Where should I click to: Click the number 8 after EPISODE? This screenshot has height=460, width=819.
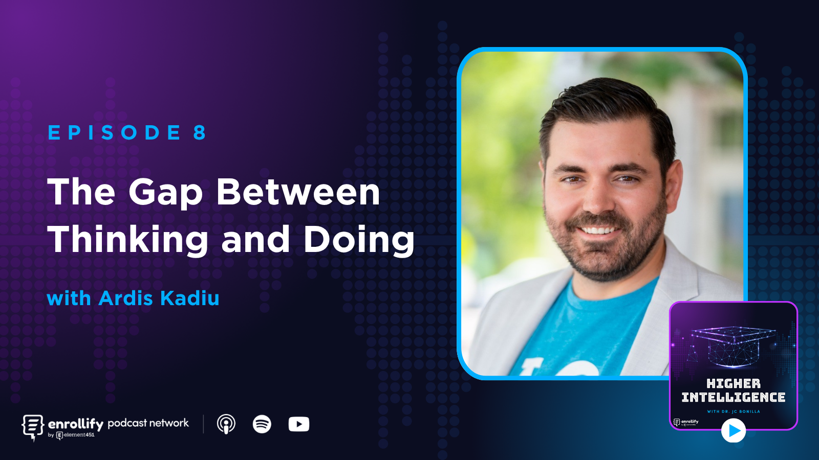point(199,133)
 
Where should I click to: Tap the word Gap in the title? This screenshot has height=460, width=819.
point(165,193)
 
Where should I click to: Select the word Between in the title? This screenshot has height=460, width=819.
point(298,192)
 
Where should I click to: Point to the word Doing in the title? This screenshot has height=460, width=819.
point(358,240)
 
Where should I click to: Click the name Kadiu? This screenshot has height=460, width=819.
point(189,298)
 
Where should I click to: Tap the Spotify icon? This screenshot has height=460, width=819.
point(262,424)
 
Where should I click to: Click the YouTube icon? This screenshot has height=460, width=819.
point(298,424)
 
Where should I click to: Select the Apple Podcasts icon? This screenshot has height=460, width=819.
point(226,424)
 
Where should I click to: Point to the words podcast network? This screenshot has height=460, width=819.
point(148,423)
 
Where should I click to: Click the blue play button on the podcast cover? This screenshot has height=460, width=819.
point(734,431)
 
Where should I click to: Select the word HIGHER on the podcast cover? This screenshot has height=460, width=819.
point(733,383)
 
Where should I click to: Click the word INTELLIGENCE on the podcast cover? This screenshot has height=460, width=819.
point(733,397)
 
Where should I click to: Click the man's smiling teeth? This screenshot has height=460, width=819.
point(598,230)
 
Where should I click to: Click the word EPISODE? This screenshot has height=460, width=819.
point(114,133)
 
